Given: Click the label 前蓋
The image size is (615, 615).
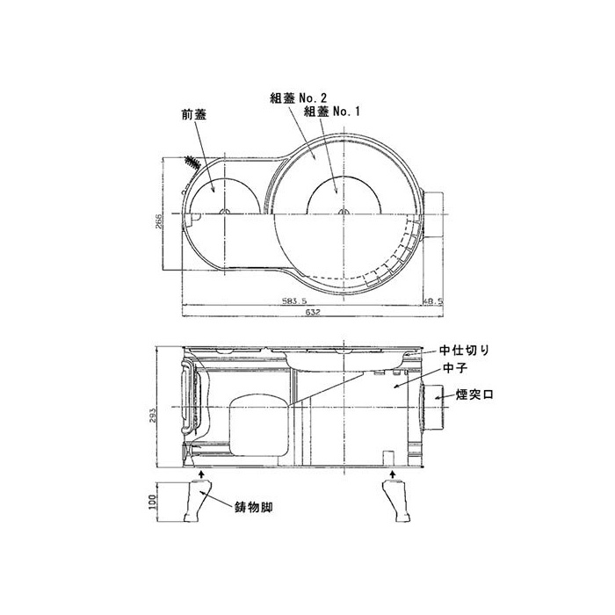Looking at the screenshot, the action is [193, 114].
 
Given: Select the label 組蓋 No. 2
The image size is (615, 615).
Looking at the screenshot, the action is [299, 98].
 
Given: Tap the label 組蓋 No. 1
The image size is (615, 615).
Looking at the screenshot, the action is [332, 112].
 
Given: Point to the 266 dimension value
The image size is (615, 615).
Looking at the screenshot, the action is [158, 223].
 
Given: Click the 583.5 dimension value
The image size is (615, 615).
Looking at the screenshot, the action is [294, 301].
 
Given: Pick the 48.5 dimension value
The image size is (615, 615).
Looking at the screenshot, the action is [432, 301].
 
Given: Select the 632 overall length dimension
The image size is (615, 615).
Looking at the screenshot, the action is [313, 312].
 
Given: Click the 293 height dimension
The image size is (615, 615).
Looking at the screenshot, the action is [153, 416].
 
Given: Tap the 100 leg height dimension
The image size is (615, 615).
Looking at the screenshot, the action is [153, 502].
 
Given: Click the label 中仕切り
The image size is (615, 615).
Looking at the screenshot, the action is [465, 350].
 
